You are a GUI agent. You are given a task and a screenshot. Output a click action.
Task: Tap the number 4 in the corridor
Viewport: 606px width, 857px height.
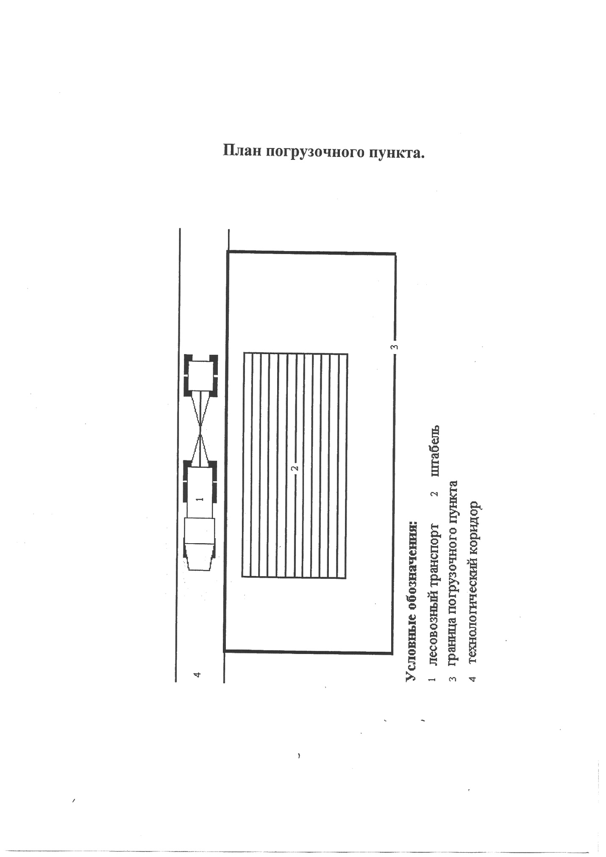click(x=197, y=674)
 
